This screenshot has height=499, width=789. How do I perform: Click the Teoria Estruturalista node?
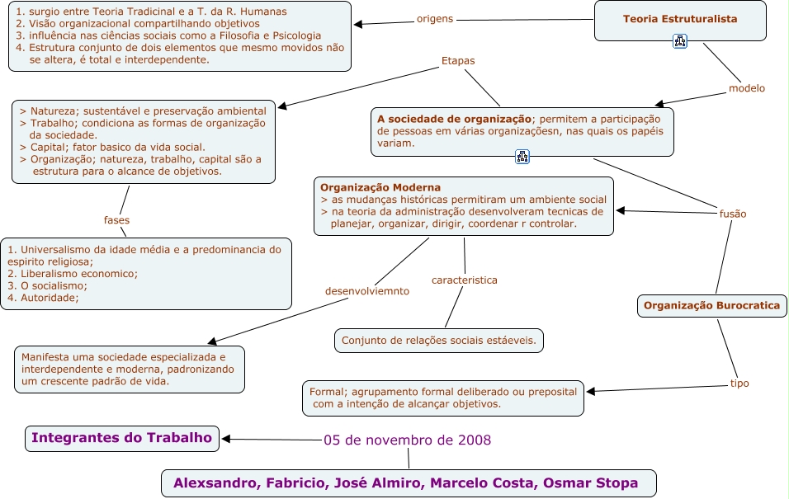[680, 19]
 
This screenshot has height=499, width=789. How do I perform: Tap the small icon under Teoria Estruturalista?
[680, 41]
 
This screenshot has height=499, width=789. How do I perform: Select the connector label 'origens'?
[435, 18]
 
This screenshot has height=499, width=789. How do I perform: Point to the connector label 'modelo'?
[746, 88]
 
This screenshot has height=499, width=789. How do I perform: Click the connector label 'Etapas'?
[458, 60]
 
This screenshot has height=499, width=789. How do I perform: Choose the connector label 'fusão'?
[733, 214]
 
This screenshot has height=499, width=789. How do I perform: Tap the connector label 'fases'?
[116, 220]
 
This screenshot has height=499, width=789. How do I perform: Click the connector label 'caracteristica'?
[464, 280]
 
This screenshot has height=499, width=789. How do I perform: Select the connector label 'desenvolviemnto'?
[366, 290]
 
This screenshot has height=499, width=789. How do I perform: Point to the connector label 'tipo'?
[739, 383]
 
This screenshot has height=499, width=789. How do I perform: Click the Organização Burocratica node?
[711, 305]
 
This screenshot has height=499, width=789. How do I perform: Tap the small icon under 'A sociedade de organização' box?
[522, 157]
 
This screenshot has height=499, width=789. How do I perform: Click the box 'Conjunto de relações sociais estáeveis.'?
[438, 340]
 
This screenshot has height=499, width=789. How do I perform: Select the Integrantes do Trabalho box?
[121, 438]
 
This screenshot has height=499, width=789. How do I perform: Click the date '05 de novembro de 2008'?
[407, 440]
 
